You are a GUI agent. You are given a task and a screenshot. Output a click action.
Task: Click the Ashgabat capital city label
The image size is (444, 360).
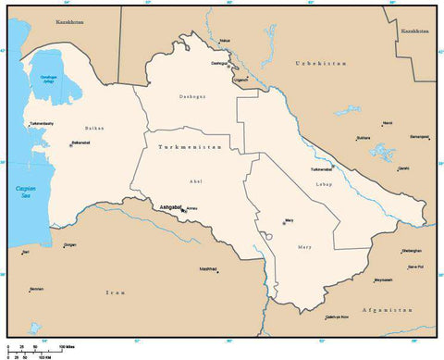pos(170,207)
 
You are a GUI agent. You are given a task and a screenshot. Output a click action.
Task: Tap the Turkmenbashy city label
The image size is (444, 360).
pos(41,123)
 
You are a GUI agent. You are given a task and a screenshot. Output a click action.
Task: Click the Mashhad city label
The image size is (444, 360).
pos(208,268)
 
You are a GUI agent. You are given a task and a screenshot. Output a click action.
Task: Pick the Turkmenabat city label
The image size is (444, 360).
pos(322,169)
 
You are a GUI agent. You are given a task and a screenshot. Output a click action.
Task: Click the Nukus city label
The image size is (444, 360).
pos(227,41)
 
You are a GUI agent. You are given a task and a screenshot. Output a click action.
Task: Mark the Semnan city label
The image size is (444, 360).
pos(36,289)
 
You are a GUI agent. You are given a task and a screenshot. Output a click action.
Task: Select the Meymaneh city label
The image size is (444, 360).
pos(383,279)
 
